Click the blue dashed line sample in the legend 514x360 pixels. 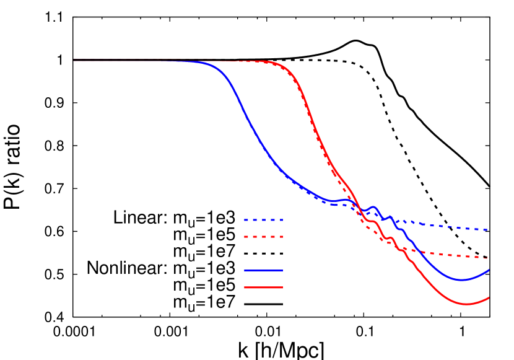tap(263, 220)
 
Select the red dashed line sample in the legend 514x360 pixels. tap(263, 237)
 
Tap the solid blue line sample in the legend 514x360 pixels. tap(263, 270)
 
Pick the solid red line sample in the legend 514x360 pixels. tap(263, 288)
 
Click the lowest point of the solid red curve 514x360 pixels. tap(467, 304)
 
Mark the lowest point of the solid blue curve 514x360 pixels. tap(461, 280)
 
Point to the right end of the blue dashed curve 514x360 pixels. tap(489, 230)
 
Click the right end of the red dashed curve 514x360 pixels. tap(489, 258)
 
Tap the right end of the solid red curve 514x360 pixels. tap(489, 297)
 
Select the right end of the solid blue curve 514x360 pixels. tap(489, 270)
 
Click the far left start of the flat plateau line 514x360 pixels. tap(74, 61)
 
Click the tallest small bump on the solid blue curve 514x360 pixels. tap(373, 207)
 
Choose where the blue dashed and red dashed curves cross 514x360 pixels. tap(357, 208)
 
